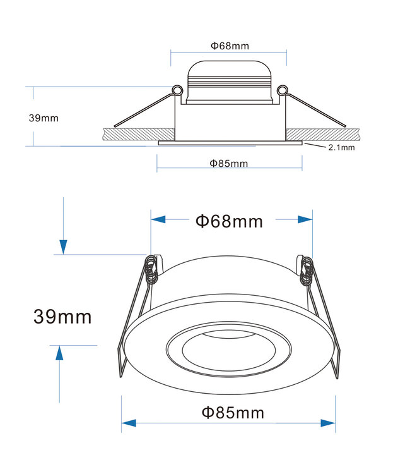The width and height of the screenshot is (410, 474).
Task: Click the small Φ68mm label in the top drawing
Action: coord(230,46)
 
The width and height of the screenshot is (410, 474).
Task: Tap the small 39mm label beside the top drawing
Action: coord(44,118)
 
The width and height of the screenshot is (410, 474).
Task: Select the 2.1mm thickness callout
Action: coord(341,147)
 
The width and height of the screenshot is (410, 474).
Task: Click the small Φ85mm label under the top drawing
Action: coord(229,164)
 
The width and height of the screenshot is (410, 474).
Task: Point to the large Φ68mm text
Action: coord(230,221)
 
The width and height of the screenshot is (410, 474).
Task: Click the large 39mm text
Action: coord(62,317)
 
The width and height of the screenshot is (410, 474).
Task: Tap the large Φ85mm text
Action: coord(233,413)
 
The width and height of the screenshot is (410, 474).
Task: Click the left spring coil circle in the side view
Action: coord(177,90)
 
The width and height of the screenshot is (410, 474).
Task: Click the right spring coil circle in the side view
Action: coord(283,90)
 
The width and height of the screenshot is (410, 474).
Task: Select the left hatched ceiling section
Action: coord(139,134)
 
